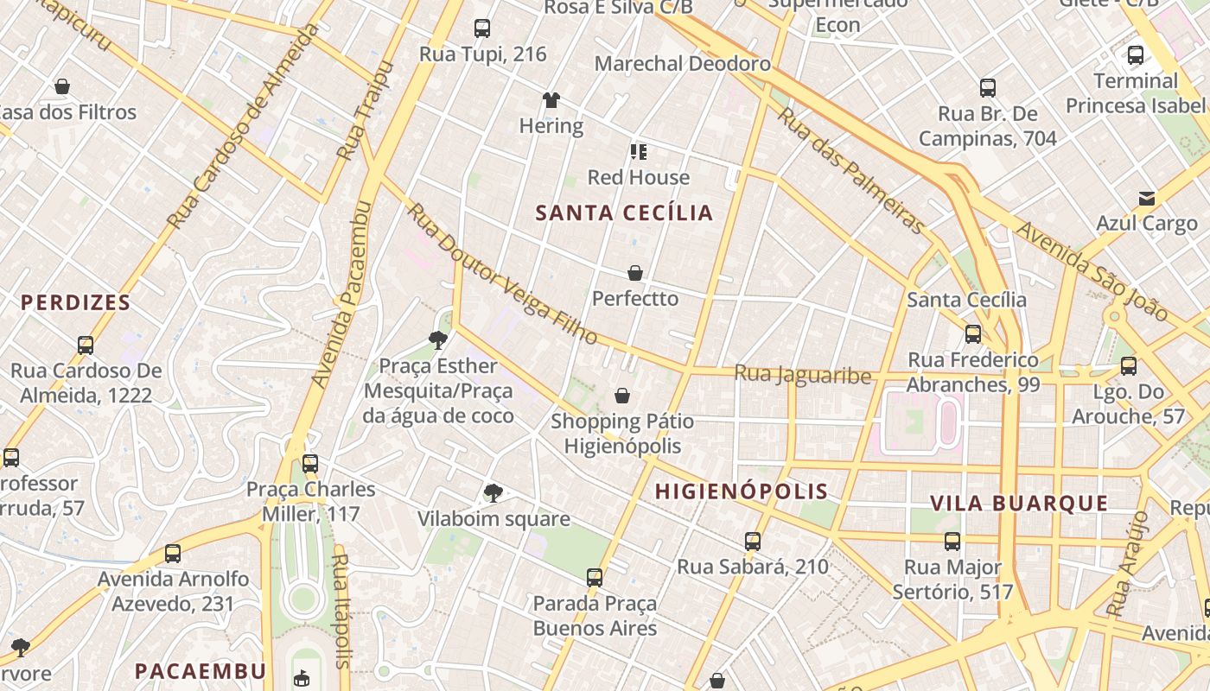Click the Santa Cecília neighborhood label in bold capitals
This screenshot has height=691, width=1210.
pyautogui.click(x=624, y=213)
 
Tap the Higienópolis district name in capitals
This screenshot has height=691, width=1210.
pyautogui.click(x=741, y=491)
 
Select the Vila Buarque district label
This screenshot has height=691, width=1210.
pyautogui.click(x=1019, y=504)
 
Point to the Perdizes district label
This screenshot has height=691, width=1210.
pyautogui.click(x=76, y=303)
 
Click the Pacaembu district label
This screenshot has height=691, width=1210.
pyautogui.click(x=201, y=671)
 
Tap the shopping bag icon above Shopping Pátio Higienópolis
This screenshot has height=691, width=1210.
pyautogui.click(x=621, y=396)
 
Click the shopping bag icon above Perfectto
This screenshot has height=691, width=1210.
pyautogui.click(x=635, y=273)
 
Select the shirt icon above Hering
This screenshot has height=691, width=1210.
pyautogui.click(x=551, y=100)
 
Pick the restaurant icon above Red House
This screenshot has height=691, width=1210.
pyautogui.click(x=639, y=152)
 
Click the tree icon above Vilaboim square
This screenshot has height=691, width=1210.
pyautogui.click(x=494, y=493)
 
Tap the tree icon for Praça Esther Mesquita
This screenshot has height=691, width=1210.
pyautogui.click(x=438, y=339)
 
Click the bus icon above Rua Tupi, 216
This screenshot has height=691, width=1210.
pyautogui.click(x=482, y=29)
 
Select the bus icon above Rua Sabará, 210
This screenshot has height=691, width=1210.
pyautogui.click(x=753, y=542)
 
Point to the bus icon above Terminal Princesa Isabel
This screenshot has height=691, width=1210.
pyautogui.click(x=1136, y=55)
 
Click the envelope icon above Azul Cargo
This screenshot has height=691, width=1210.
pyautogui.click(x=1146, y=199)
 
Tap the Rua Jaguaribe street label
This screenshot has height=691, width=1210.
pyautogui.click(x=802, y=375)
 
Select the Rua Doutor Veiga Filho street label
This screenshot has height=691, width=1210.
pyautogui.click(x=503, y=274)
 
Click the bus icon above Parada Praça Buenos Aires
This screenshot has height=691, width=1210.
pyautogui.click(x=595, y=577)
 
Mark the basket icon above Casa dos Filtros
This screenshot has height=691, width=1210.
pyautogui.click(x=62, y=86)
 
